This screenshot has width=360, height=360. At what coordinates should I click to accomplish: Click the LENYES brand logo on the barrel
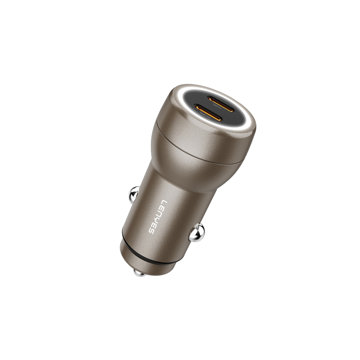[x=156, y=217]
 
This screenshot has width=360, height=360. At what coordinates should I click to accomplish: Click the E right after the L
[x=160, y=207]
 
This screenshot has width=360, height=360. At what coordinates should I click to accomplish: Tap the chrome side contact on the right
[x=197, y=233]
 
